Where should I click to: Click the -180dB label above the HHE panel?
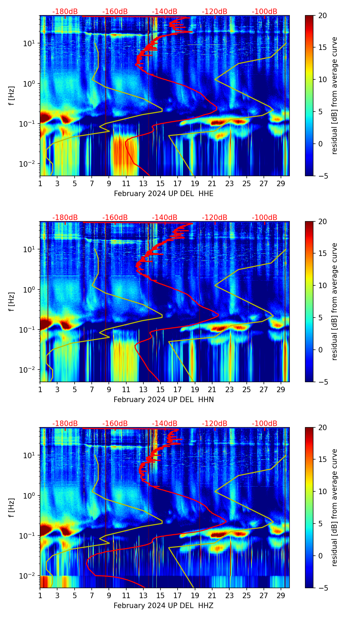[65, 12]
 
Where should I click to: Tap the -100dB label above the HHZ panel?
[265, 424]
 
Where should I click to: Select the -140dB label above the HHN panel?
[165, 218]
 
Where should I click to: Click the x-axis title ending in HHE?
[164, 194]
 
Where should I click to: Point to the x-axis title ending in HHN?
[164, 400]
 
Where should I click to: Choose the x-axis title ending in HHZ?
[164, 606]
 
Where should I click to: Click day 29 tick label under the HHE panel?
[281, 184]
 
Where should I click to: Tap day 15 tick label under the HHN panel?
[160, 390]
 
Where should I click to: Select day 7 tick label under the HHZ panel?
[92, 596]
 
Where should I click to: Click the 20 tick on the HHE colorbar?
[322, 16]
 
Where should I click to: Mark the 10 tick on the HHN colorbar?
[322, 285]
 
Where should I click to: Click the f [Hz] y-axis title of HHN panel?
[12, 302]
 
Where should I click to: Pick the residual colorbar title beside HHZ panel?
[334, 507]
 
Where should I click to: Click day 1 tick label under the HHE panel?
[40, 184]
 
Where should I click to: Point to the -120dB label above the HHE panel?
[215, 12]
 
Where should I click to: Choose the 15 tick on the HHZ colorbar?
[322, 459]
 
